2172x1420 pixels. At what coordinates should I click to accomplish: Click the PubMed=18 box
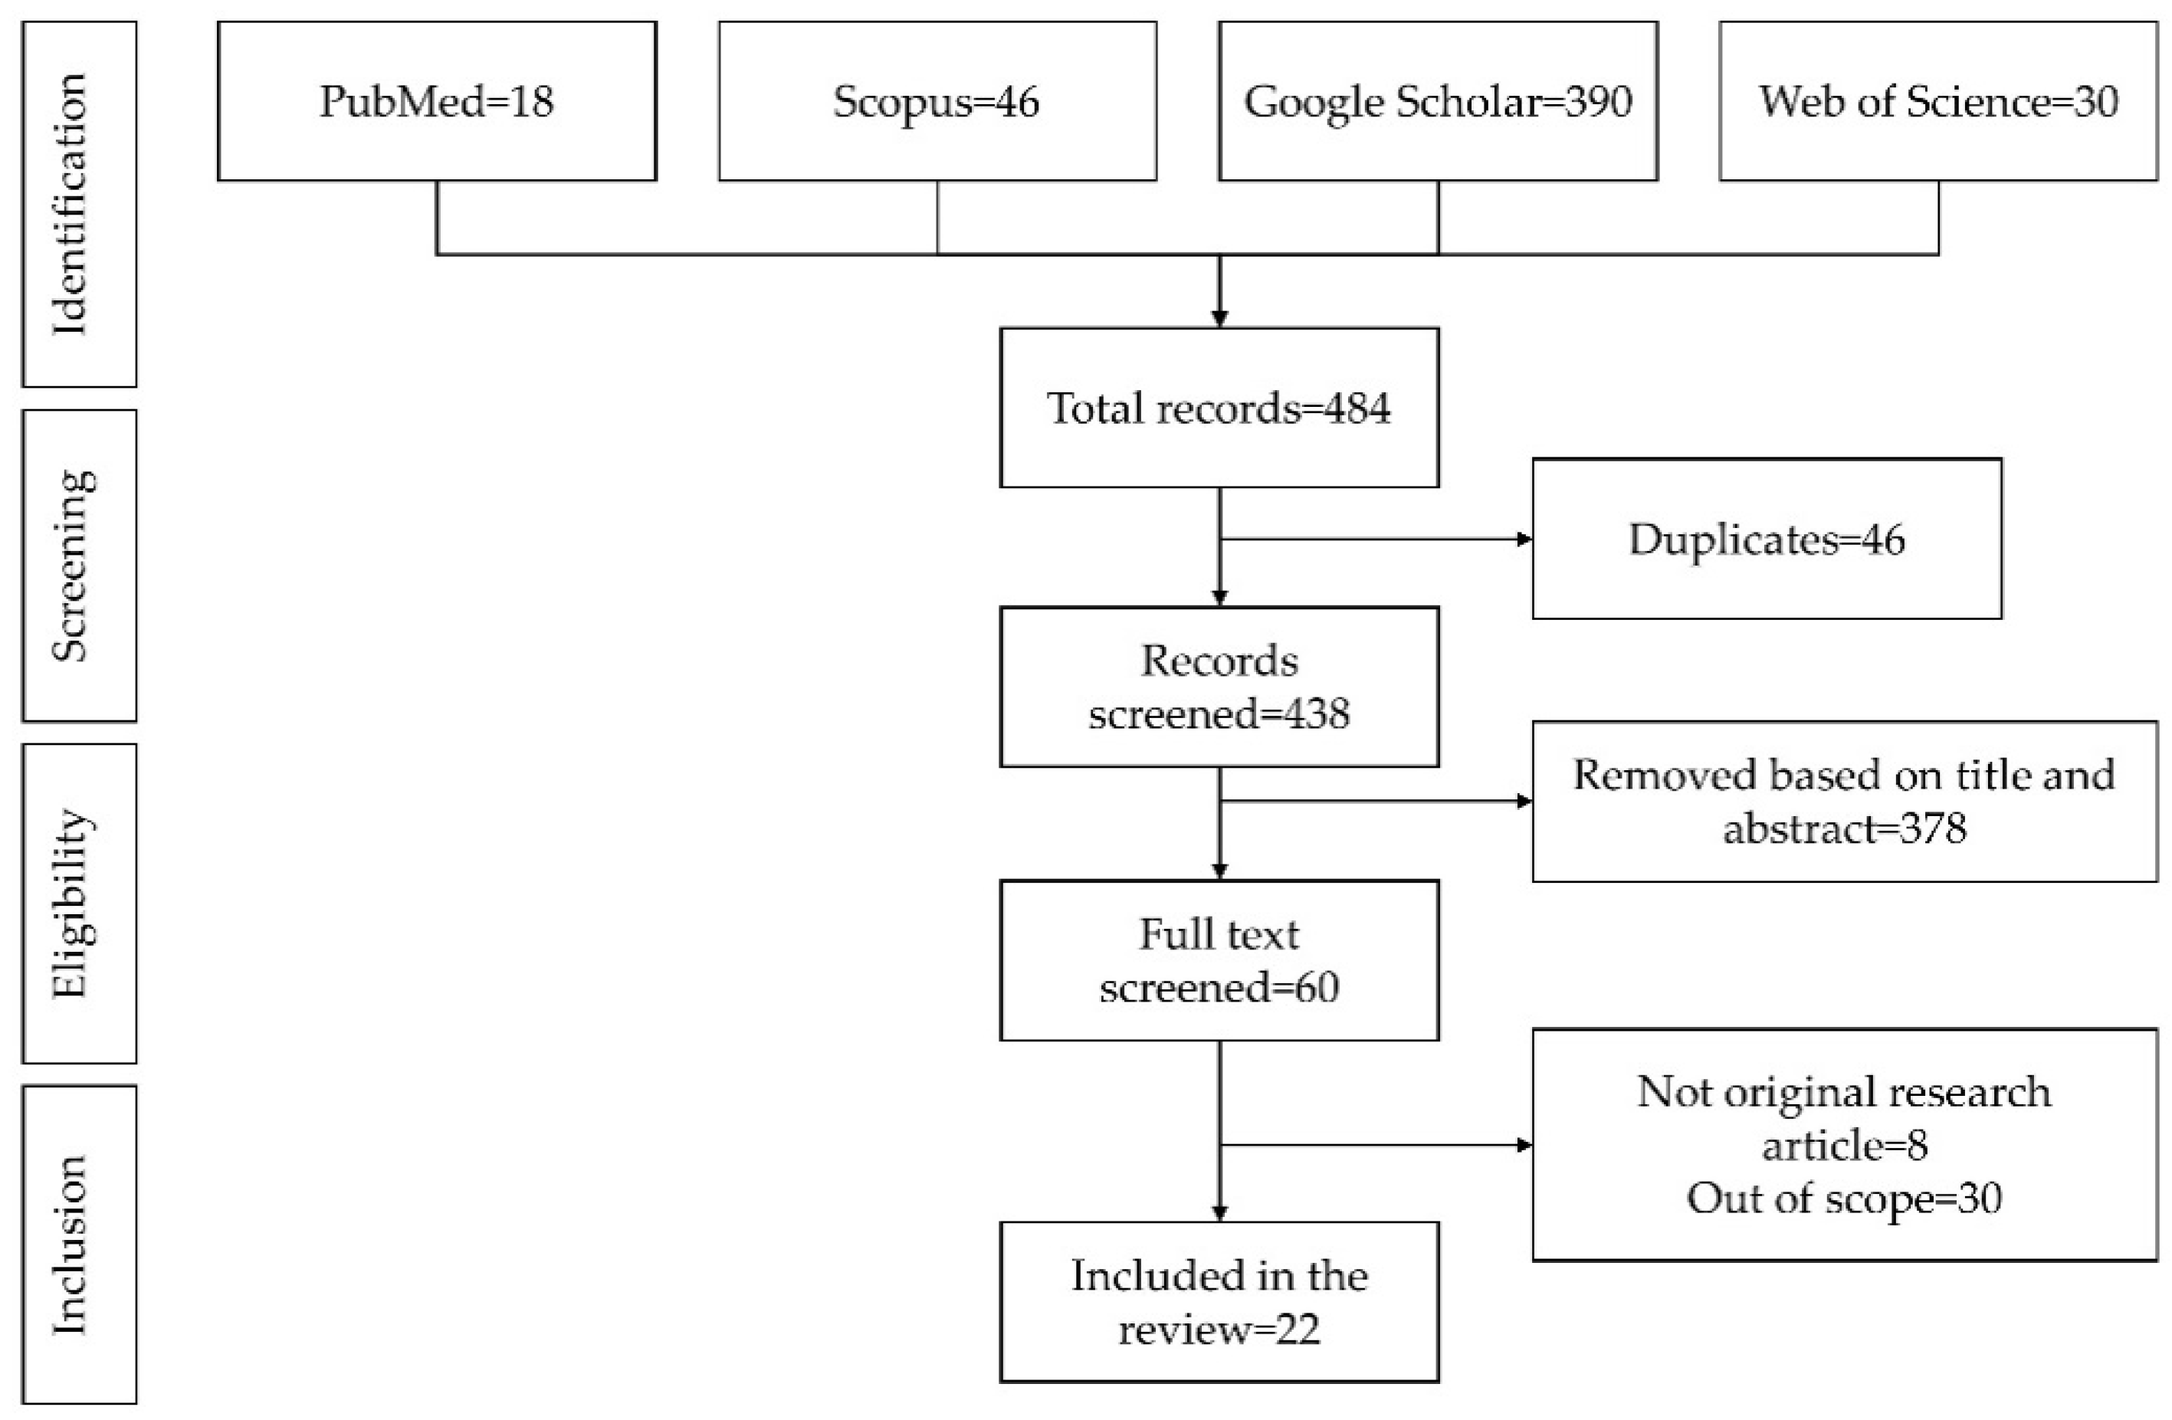[436, 101]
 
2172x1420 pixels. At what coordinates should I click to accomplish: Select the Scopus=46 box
[937, 101]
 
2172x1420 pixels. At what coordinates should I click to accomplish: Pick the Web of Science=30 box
[1937, 101]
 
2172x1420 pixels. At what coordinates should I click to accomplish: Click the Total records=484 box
[1219, 407]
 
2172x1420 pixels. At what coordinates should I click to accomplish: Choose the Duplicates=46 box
[1767, 539]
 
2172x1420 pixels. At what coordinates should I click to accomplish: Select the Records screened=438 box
[1219, 687]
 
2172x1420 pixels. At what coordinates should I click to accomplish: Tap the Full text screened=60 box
[1219, 960]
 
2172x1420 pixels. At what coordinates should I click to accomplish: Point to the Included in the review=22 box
[1219, 1302]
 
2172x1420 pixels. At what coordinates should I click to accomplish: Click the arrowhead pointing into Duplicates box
[1524, 539]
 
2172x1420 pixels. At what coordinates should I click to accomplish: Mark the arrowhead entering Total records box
[1219, 319]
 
